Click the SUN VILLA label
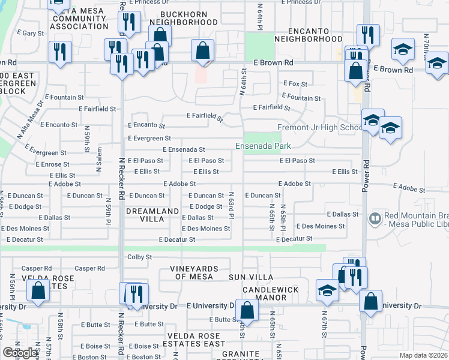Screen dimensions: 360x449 point(251,277)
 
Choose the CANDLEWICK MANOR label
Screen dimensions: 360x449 point(270,293)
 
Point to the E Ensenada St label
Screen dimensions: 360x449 point(184,149)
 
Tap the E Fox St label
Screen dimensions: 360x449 point(295,84)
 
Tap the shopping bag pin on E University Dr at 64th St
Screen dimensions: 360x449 point(247,310)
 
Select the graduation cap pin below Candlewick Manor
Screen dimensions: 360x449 point(328,290)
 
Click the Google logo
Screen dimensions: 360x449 point(20,353)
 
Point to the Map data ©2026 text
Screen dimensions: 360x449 point(423,355)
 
